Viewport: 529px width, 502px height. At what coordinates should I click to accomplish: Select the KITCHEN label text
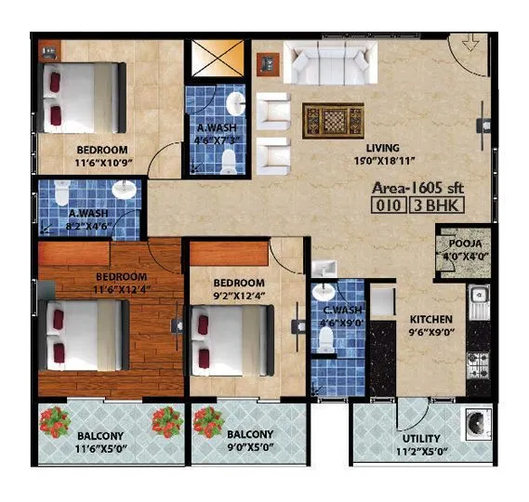pyautogui.click(x=431, y=319)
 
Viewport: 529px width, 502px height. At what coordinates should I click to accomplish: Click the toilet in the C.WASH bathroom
pyautogui.click(x=325, y=340)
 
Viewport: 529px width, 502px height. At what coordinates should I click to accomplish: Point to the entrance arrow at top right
pyautogui.click(x=471, y=44)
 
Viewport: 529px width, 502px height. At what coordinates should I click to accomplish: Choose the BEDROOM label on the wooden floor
pyautogui.click(x=121, y=277)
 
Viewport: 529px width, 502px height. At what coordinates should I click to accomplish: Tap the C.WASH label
pyautogui.click(x=335, y=311)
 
